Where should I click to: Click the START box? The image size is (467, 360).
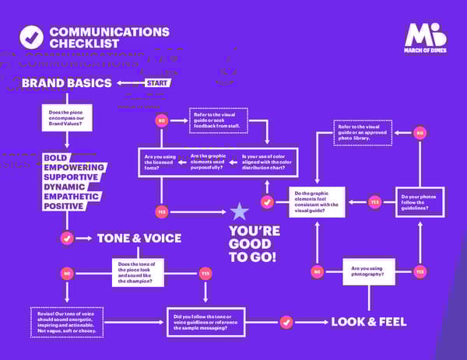coord(158,82)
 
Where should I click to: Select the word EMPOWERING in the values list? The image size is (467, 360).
coord(74,167)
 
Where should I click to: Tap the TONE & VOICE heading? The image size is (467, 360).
coord(139,238)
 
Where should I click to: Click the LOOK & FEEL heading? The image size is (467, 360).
coord(369,321)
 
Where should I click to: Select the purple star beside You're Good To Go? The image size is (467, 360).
coord(239,211)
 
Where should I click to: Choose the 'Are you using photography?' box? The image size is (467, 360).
coord(368,271)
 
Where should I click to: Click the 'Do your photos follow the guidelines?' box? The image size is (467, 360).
coord(420,201)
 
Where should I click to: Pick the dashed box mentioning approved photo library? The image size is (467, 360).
coord(362,133)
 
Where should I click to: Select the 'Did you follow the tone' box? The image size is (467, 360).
coord(205,321)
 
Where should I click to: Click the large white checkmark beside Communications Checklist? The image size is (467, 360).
coord(31,37)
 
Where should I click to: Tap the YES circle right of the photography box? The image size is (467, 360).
coord(420,271)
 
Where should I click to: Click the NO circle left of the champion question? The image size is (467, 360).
coord(67,273)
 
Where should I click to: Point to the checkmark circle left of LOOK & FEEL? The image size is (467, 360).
coord(286,321)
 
